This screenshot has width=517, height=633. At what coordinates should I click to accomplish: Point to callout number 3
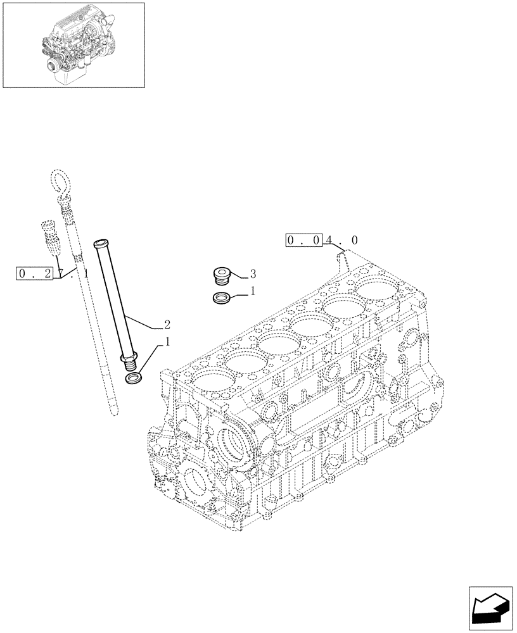(x=252, y=273)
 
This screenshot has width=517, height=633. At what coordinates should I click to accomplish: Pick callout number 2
(x=167, y=325)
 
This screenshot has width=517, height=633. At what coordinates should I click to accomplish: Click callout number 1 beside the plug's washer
(x=252, y=291)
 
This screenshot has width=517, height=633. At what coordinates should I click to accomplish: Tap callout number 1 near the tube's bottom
(x=167, y=342)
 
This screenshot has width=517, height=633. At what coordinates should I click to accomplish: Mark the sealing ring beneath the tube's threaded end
(x=134, y=379)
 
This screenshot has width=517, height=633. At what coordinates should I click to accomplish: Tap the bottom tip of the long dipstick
(x=112, y=413)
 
